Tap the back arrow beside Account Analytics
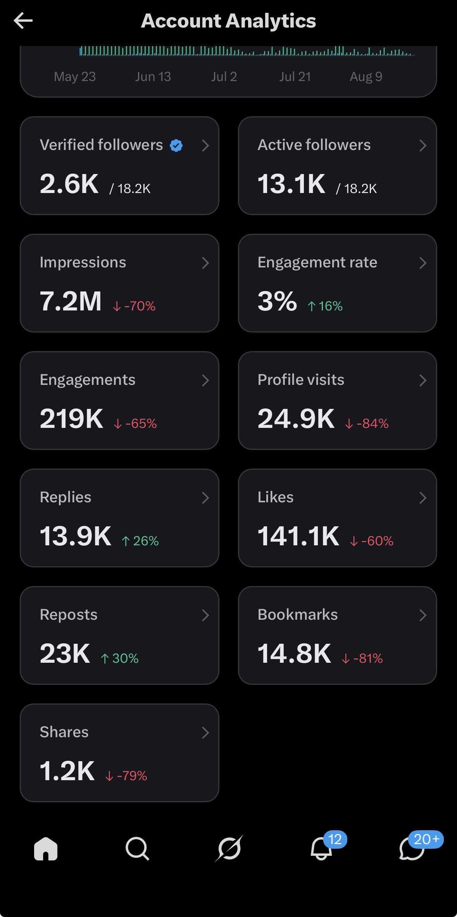coord(23,21)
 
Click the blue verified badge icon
coord(176,145)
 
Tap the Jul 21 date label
coord(295,77)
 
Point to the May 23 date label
coord(75,77)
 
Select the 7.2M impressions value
coord(71,301)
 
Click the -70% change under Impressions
coord(134,306)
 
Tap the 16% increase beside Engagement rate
coord(325,306)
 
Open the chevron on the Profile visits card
coord(423,380)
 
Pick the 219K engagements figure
coord(72,419)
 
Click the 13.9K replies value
coord(76,536)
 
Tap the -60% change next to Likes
coord(371,541)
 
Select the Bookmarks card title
coord(298,614)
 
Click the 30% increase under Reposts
coord(119,658)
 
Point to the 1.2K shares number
coord(67,771)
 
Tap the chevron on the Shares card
coord(205,733)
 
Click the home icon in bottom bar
coord(46,848)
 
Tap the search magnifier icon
coord(138,849)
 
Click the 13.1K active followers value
coord(291,184)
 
